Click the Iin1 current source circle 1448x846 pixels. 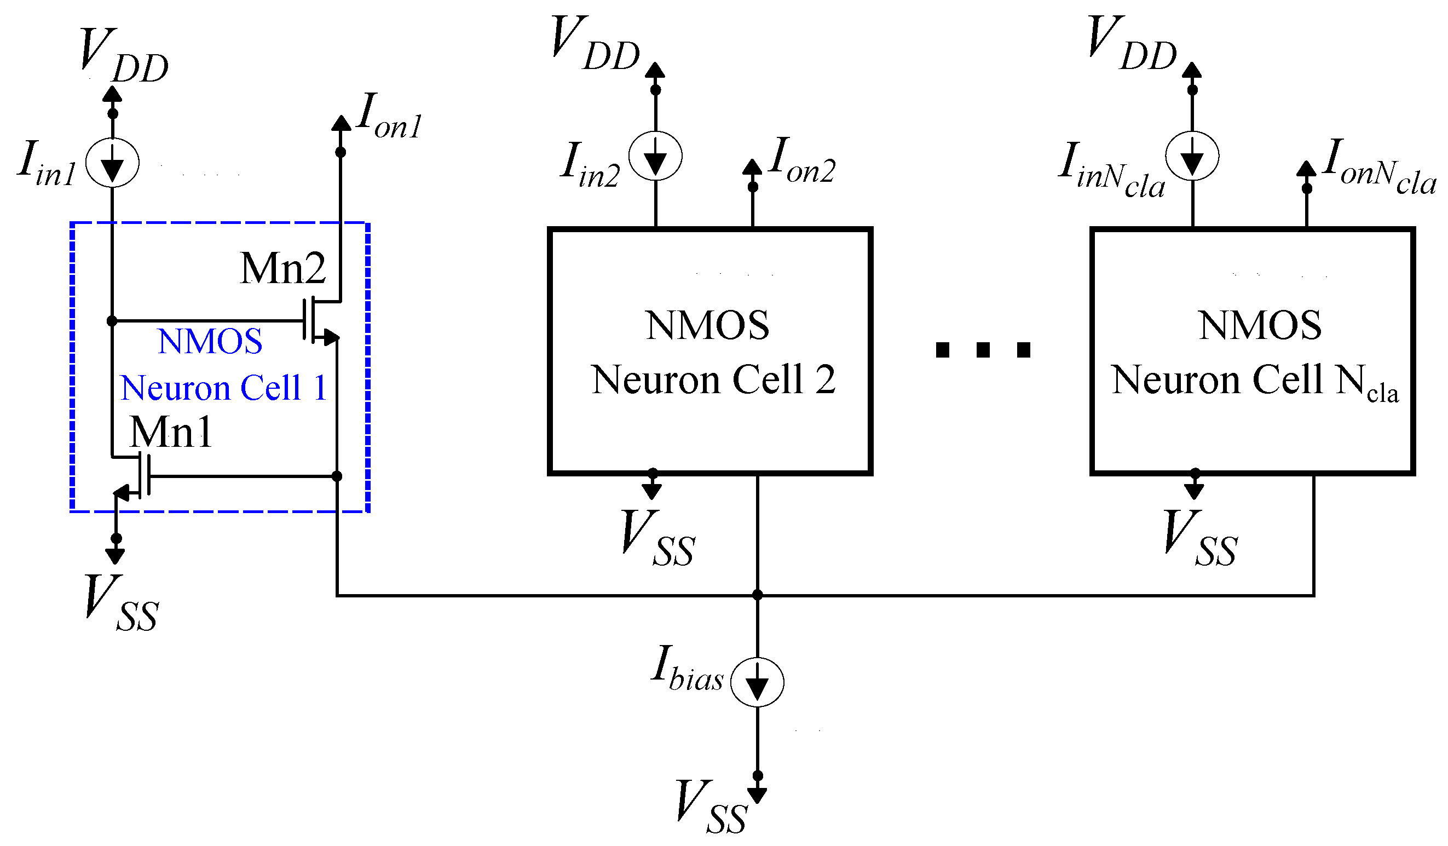113,163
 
